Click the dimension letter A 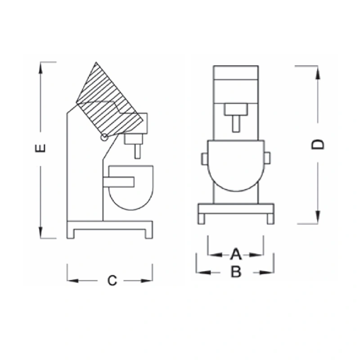[236, 254]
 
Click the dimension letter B [236, 272]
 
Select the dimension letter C [112, 280]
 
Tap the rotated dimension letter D [318, 144]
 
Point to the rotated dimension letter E [40, 148]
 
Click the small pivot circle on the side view [104, 137]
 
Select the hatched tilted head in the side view [109, 101]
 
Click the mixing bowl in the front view [236, 166]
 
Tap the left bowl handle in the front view [205, 159]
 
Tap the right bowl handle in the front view [267, 158]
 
